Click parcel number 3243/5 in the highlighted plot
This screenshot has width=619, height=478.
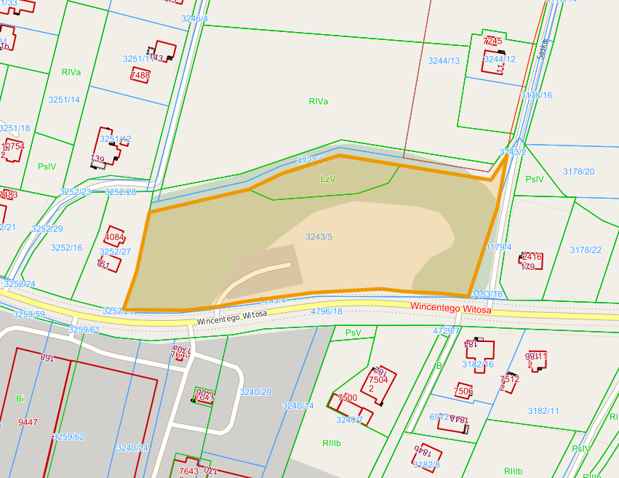coord(319,236)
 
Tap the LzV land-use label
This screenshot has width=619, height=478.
coord(328,178)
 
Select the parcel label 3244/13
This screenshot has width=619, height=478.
coord(444,60)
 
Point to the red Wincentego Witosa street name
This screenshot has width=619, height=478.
coord(450,308)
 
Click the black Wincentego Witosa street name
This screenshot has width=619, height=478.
coord(231,317)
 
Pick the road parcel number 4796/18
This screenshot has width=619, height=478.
coord(326,311)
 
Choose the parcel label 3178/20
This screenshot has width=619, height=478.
coord(578,172)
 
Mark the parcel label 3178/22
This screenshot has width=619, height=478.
coord(586,250)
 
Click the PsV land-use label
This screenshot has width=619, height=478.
coord(353,332)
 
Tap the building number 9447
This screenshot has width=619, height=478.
coord(28,422)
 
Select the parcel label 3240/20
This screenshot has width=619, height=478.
coord(255,392)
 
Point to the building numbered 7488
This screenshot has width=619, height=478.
coord(140,75)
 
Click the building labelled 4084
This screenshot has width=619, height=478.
coord(115,237)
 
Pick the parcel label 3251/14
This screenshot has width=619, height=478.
coord(64,100)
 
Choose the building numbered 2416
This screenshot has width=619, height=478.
coord(532,257)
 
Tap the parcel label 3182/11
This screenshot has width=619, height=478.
coord(543,411)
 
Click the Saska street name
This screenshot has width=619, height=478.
coord(542,49)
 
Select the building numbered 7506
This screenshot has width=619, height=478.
coord(463,391)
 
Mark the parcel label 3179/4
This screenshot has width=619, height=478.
coord(498,247)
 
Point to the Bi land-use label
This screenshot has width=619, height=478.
coord(20,399)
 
